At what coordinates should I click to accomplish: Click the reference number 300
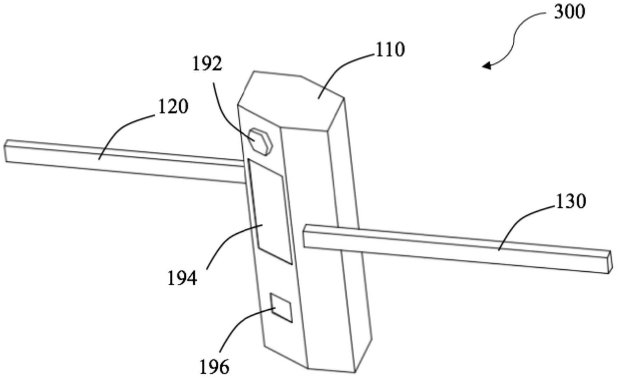[569, 13]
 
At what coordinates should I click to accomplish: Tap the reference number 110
[390, 50]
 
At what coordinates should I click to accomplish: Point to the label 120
[173, 107]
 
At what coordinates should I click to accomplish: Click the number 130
[571, 201]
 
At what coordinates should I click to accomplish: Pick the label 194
[182, 278]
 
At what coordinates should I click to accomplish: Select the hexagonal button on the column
[260, 141]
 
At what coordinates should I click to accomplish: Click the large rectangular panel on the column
[270, 212]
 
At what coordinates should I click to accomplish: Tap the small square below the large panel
[281, 308]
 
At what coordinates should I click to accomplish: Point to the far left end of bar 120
[5, 151]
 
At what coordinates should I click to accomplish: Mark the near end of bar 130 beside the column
[304, 237]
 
